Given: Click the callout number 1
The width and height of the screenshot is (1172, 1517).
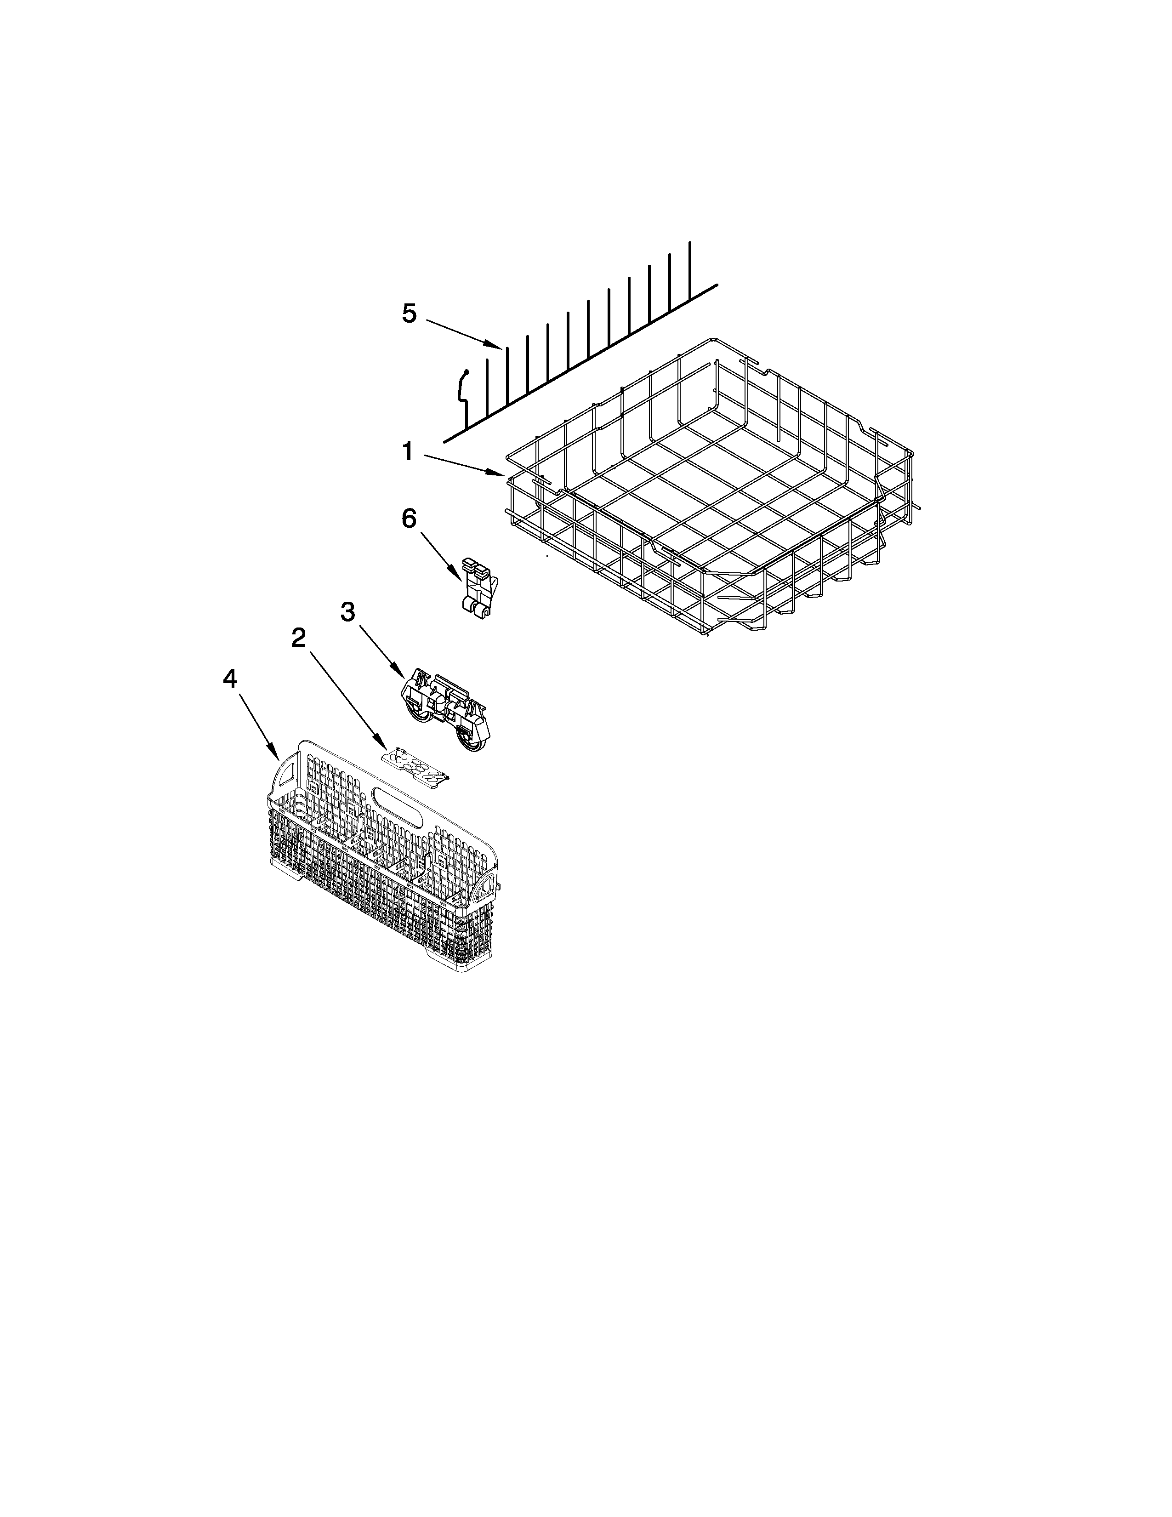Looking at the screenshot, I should (x=408, y=452).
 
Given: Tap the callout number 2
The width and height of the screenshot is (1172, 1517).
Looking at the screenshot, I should (x=299, y=638).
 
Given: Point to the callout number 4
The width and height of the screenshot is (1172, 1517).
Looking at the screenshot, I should (x=230, y=679).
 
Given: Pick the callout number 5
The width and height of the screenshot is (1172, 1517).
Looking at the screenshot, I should (x=409, y=314).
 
